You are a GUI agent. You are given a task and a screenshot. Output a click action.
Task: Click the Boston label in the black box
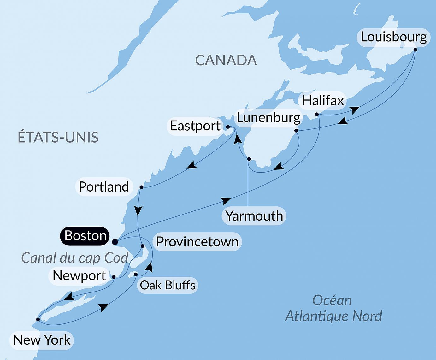(x=85, y=236)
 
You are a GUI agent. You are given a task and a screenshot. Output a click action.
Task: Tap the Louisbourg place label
(x=393, y=37)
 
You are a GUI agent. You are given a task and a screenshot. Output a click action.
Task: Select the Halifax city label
(x=323, y=101)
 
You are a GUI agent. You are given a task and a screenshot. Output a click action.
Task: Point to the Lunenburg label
(x=268, y=118)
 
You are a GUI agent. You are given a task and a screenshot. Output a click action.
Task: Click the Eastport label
(x=195, y=126)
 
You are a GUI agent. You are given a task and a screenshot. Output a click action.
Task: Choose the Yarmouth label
(x=254, y=216)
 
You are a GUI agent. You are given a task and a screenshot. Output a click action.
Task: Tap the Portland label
(x=103, y=187)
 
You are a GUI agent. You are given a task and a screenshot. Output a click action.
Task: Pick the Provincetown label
(x=197, y=242)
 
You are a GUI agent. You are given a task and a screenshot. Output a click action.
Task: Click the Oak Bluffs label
(x=168, y=285)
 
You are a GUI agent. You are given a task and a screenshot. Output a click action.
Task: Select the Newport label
(x=79, y=276)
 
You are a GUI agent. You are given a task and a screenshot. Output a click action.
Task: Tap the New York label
(x=42, y=340)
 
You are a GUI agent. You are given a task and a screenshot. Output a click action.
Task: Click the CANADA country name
(x=226, y=60)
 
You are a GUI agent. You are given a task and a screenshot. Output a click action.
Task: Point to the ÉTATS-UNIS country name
(x=58, y=138)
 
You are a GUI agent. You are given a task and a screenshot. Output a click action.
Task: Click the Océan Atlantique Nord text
(x=333, y=308)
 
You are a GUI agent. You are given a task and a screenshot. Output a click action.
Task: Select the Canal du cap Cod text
(x=74, y=258)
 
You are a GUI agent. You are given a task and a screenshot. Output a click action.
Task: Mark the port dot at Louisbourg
(x=415, y=50)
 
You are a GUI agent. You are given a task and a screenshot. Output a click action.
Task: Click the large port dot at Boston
(x=115, y=242)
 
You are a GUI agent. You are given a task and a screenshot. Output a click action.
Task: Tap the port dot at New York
(x=38, y=319)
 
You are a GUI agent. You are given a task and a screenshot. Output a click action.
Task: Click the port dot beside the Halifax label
(x=317, y=114)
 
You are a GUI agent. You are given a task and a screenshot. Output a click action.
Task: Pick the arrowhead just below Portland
(x=138, y=210)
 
